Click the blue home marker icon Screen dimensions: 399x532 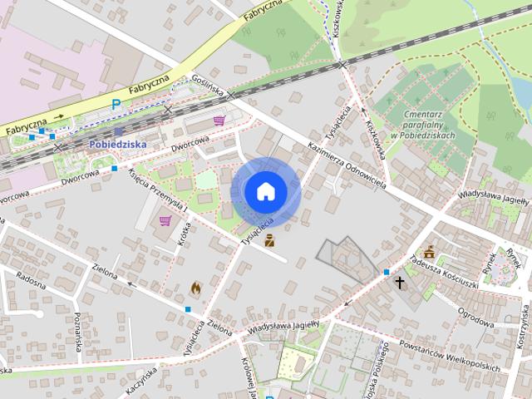tap(264, 191)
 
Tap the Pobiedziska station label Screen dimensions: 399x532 tap(116, 144)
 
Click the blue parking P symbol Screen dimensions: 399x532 tap(116, 105)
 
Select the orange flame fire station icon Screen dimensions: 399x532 tap(195, 288)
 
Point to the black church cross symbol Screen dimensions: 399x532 tap(400, 283)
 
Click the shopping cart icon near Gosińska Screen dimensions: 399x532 tap(219, 121)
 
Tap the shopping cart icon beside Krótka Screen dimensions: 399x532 tap(165, 220)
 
